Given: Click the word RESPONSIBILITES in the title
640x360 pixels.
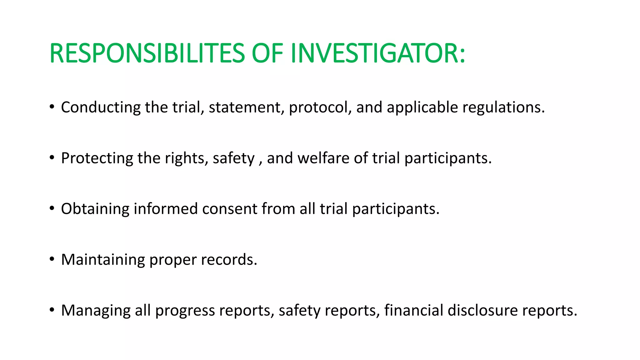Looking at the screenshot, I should pyautogui.click(x=147, y=53).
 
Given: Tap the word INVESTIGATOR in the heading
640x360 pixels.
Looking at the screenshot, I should pyautogui.click(x=378, y=53).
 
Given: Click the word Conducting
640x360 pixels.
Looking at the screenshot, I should pyautogui.click(x=101, y=107).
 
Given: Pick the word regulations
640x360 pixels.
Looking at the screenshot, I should pyautogui.click(x=503, y=107).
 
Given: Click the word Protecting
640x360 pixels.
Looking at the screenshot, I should pyautogui.click(x=97, y=158).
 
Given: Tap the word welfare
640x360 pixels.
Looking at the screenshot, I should pyautogui.click(x=323, y=158).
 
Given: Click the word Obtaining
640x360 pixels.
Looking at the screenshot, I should pyautogui.click(x=95, y=209).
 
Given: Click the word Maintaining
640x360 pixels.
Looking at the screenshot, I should pyautogui.click(x=103, y=260).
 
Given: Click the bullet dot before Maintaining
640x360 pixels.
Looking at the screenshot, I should pyautogui.click(x=52, y=259).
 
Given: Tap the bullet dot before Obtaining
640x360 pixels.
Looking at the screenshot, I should pyautogui.click(x=52, y=208).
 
